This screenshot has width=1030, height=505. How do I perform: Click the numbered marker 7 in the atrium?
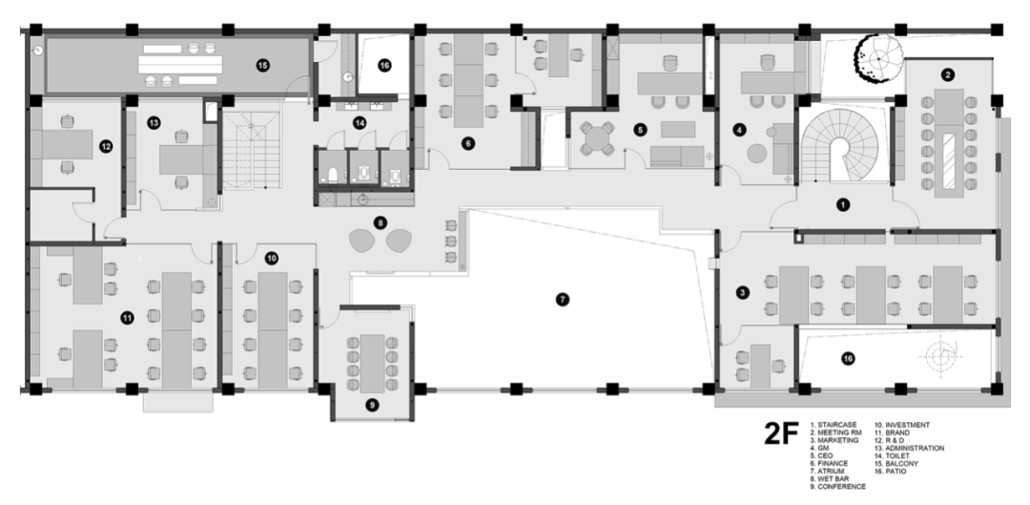point(562,299)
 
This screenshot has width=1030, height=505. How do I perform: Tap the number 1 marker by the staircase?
point(841,203)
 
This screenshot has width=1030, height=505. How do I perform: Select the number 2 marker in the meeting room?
point(947,74)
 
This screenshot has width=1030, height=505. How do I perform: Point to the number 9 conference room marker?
point(372,404)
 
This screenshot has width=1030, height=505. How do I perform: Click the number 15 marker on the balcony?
point(262,65)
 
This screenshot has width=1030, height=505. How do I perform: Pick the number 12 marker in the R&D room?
point(106,147)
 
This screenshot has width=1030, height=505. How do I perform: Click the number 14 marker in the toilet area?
point(360,123)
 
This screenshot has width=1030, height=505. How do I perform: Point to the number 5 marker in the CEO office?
point(640,128)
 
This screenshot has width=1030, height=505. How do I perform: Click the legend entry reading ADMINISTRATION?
point(917,448)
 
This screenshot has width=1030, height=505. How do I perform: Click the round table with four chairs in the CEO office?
point(597,139)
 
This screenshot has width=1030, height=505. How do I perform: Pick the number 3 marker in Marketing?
point(741,292)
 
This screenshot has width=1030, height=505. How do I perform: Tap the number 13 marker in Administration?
point(154,122)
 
